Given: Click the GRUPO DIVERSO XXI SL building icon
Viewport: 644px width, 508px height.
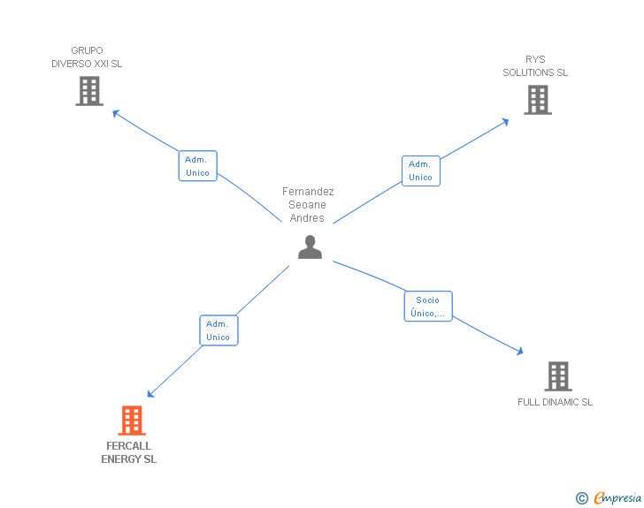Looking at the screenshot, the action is click(89, 91).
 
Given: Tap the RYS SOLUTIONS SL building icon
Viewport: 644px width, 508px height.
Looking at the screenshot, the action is click(537, 100).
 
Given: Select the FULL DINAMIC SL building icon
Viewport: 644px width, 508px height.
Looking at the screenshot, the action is click(557, 376).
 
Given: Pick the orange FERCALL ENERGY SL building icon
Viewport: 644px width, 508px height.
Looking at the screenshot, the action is click(131, 421).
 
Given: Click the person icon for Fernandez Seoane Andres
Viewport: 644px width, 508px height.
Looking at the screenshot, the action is click(310, 247).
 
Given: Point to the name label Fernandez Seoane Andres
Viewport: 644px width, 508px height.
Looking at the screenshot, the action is click(308, 205).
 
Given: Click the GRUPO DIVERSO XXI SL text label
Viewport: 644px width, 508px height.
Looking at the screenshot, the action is click(87, 57).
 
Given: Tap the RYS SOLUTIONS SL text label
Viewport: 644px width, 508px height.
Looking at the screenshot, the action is click(535, 66).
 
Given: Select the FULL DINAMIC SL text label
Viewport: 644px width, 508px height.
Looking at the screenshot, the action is click(555, 402).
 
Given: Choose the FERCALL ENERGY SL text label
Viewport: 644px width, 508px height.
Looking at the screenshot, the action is click(129, 452).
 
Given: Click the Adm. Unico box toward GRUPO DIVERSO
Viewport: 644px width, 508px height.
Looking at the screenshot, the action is click(197, 166).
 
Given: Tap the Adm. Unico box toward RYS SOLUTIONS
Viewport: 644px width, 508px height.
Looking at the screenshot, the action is click(420, 171).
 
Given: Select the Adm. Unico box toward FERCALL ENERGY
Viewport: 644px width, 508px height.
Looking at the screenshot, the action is click(218, 330).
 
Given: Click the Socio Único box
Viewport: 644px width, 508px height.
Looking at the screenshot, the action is click(428, 307).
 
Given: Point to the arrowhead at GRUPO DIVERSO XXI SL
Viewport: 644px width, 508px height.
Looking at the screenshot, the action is click(115, 112).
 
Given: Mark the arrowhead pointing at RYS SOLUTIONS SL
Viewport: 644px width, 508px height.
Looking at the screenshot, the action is click(504, 121).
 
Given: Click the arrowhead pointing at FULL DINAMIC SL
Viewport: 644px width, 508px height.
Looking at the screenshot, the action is click(519, 351).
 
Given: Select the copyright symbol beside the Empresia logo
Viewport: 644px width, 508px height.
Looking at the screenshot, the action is click(582, 499).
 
